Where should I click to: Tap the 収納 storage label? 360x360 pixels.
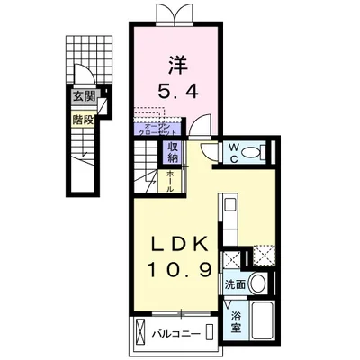click(x=173, y=153)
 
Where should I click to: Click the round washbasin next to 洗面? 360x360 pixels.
click(x=257, y=283)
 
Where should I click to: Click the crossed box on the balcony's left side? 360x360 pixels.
click(x=143, y=334)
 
